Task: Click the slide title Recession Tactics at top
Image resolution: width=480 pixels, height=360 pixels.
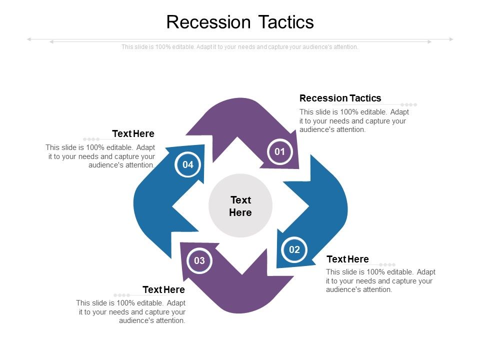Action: tap(240, 22)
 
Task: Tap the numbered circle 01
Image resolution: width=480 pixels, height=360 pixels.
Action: tap(279, 151)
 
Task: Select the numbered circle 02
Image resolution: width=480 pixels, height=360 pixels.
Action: tap(294, 249)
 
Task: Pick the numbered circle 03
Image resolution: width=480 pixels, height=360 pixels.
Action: tap(199, 260)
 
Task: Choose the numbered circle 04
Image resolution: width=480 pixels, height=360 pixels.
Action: tap(188, 164)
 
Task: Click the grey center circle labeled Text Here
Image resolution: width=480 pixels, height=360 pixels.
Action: tap(240, 206)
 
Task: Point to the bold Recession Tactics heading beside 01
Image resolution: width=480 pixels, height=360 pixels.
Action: tap(340, 98)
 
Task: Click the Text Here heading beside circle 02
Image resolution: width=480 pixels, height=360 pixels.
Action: tap(347, 259)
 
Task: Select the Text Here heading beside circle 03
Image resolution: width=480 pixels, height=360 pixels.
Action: tap(163, 290)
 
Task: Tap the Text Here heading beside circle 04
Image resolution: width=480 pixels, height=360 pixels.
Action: tap(133, 134)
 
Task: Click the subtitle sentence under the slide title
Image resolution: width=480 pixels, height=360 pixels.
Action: tap(240, 47)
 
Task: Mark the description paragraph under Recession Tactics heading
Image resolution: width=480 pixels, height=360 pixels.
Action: tap(353, 120)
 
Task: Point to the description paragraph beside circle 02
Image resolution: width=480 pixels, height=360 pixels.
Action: tap(380, 280)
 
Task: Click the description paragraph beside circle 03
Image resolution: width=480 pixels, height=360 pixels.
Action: tap(131, 311)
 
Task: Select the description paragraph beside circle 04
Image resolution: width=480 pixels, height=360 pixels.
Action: tap(100, 156)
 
